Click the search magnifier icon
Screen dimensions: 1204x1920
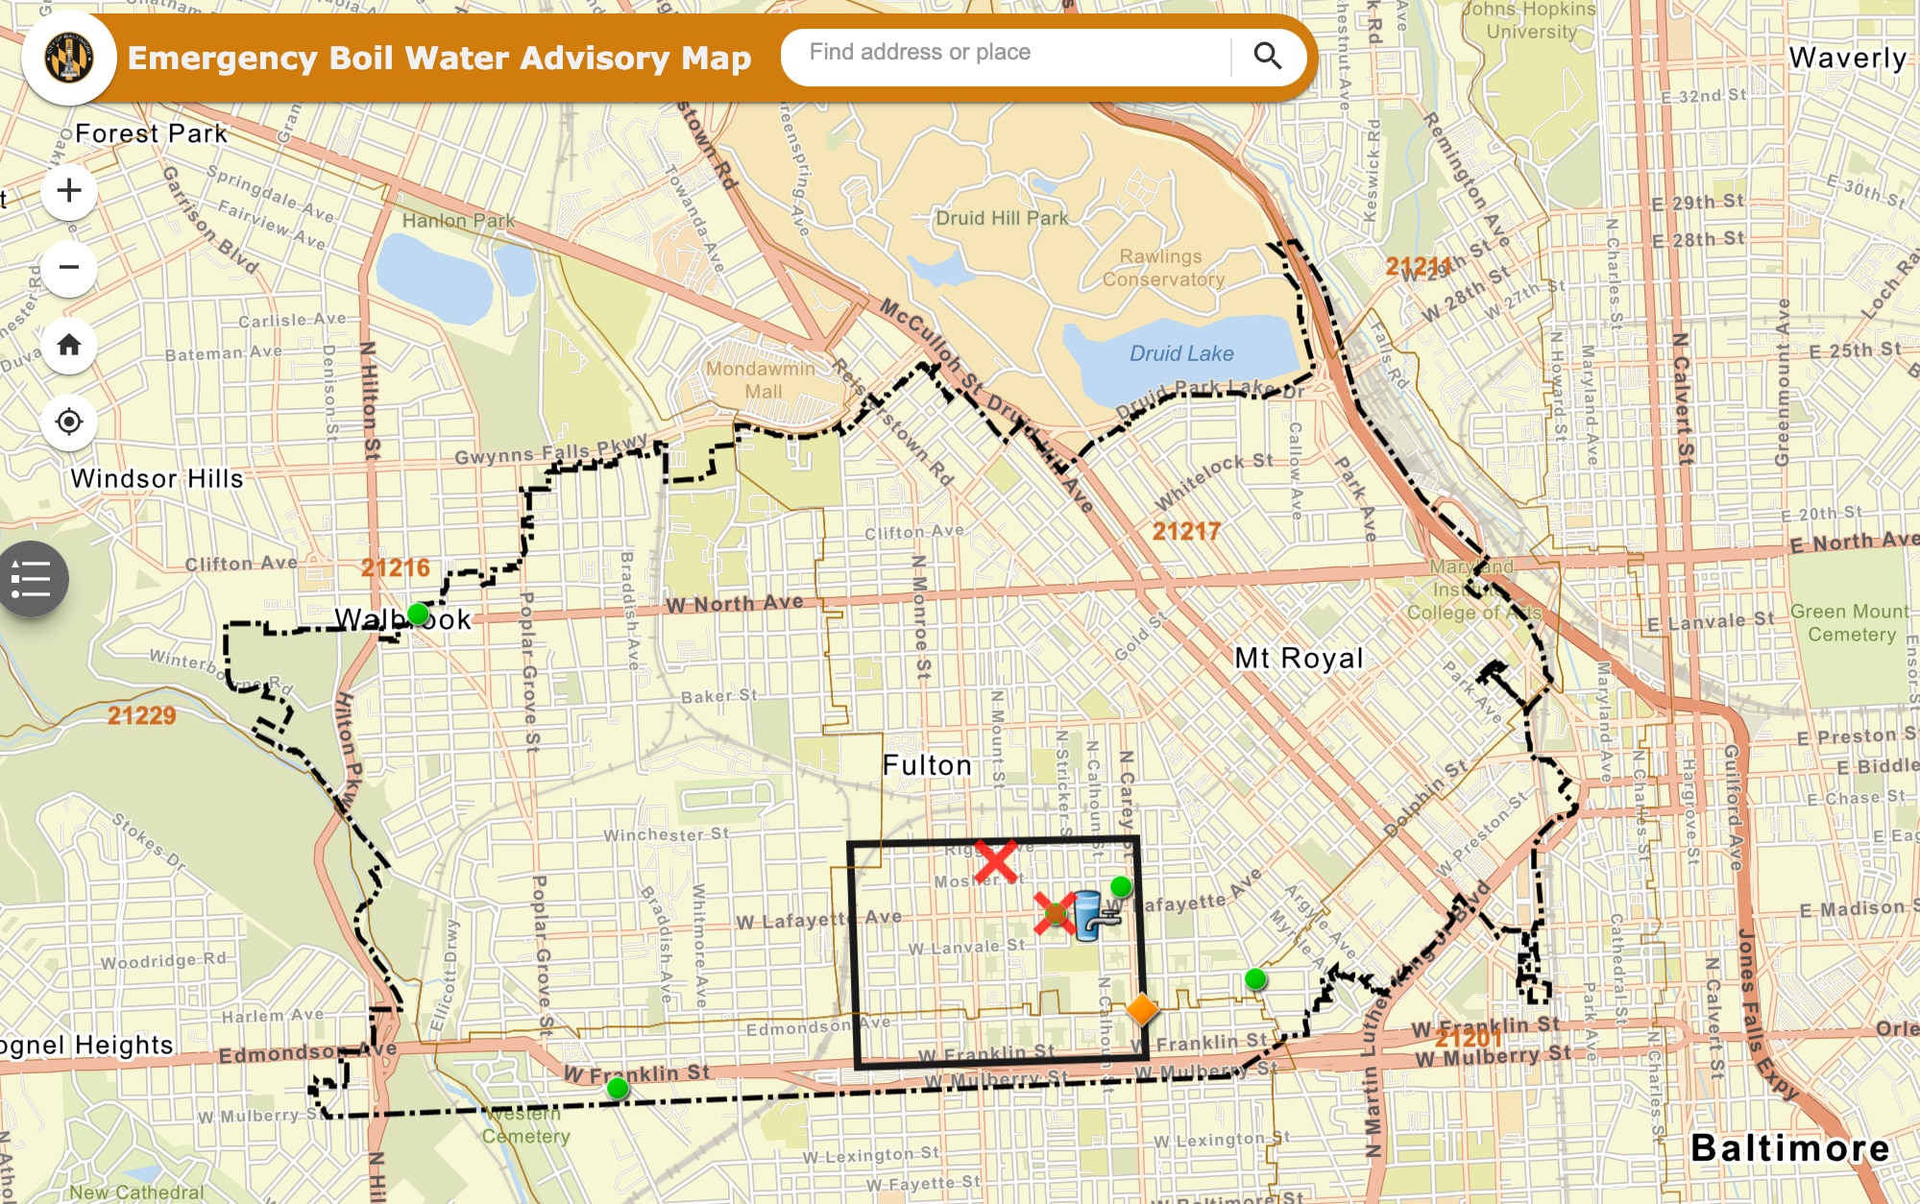tap(1267, 57)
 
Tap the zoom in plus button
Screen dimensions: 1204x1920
tap(69, 190)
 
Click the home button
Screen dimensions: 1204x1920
tap(69, 345)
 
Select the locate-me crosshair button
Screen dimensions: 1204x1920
tap(69, 421)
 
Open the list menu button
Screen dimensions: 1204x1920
tap(31, 579)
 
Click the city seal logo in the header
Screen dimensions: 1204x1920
tap(69, 58)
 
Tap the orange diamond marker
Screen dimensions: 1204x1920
tap(1141, 1009)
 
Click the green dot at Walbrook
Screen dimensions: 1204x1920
tap(418, 614)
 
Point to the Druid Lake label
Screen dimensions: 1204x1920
tap(1181, 353)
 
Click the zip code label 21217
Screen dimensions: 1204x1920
tap(1186, 531)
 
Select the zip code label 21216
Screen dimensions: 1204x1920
tap(395, 567)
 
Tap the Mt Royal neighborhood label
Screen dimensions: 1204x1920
tap(1299, 658)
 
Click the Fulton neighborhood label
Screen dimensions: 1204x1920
tap(927, 765)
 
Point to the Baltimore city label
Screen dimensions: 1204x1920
tap(1789, 1148)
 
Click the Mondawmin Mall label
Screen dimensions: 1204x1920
tap(761, 380)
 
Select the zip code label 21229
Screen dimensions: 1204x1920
tap(141, 715)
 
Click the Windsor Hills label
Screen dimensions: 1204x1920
tap(157, 478)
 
